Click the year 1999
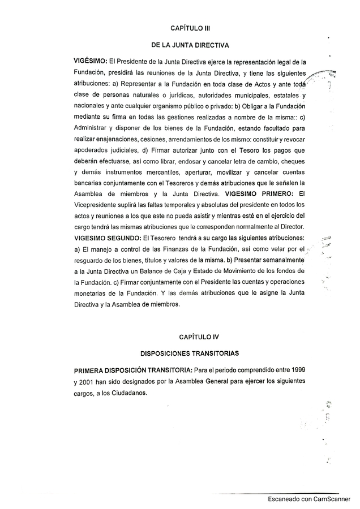[x=294, y=370]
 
